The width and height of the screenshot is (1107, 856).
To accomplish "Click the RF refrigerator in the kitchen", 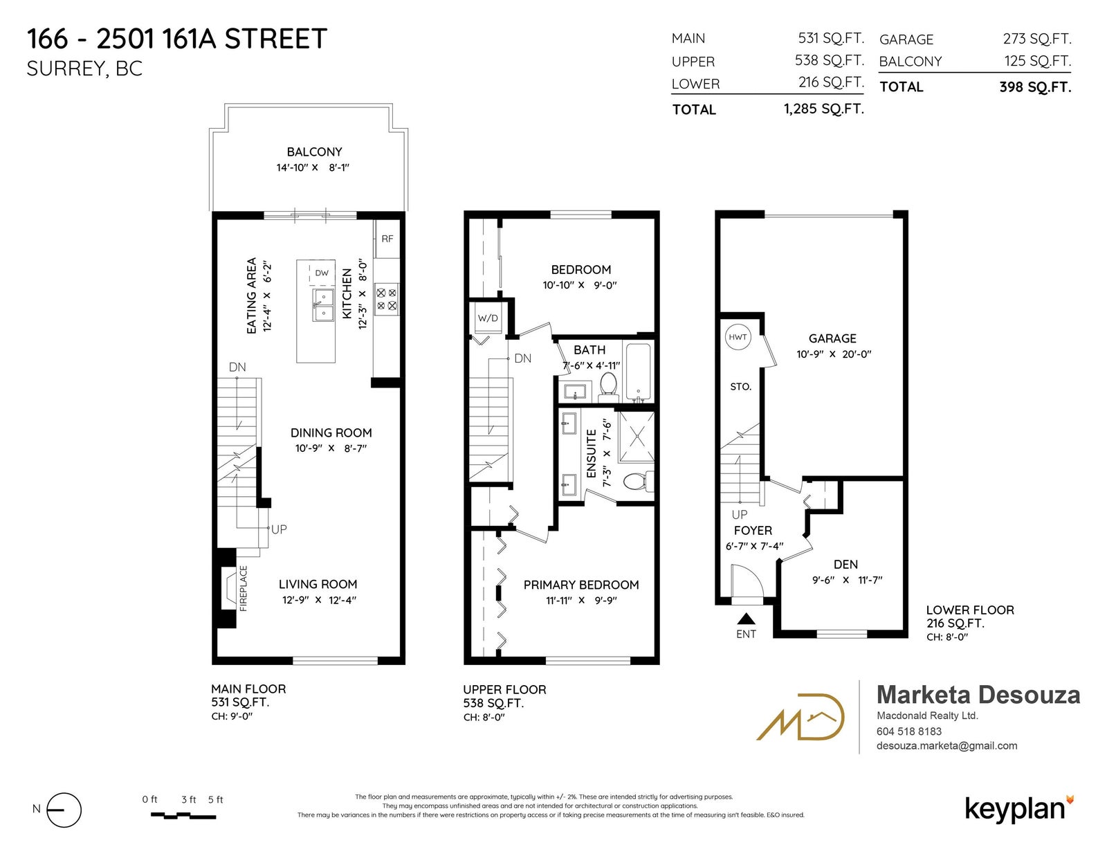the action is (x=387, y=239).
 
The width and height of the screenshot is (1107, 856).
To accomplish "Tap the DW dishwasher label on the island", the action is (x=322, y=273).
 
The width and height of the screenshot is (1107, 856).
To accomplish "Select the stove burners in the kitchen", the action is (x=387, y=300).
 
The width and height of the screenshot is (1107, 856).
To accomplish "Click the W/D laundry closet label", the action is (x=488, y=318).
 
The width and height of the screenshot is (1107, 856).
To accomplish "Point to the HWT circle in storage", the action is (x=737, y=337).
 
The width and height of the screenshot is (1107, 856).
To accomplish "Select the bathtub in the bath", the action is (x=638, y=372).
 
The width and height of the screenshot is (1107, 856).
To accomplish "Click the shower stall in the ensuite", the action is (x=637, y=437).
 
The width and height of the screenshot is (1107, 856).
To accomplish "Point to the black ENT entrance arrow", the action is (x=747, y=619).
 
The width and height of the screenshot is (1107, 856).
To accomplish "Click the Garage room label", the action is (x=832, y=338).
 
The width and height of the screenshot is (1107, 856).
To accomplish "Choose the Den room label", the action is (x=845, y=564).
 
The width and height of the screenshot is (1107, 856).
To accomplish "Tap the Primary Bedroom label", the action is (x=581, y=585).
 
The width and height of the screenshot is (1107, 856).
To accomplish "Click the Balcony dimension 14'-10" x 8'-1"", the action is (x=313, y=167).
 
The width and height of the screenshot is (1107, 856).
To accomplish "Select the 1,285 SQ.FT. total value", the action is (x=824, y=109).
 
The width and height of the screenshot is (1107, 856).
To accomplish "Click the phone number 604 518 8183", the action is (x=909, y=731).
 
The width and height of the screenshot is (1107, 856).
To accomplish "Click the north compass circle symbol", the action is (x=64, y=810).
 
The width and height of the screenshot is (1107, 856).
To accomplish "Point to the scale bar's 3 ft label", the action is (x=188, y=799).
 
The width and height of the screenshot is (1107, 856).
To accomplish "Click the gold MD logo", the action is (x=800, y=716).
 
